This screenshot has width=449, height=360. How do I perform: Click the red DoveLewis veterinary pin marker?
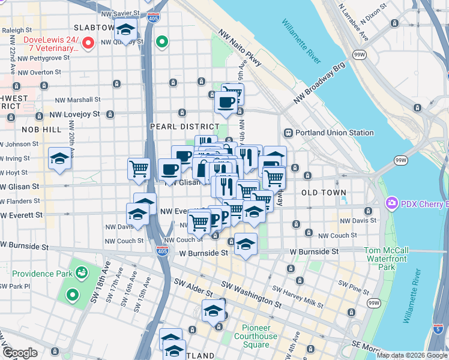(x=88, y=43)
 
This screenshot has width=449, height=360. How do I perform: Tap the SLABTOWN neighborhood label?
(x=93, y=28)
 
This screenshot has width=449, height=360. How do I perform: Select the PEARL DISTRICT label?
(x=184, y=127)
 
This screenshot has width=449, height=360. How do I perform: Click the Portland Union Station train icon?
(x=288, y=133)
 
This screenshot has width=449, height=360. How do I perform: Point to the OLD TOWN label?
(x=324, y=193)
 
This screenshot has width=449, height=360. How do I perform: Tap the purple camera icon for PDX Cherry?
(x=393, y=203)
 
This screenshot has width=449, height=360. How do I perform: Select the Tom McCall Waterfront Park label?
(x=388, y=258)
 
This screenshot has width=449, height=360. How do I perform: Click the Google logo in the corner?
(x=20, y=353)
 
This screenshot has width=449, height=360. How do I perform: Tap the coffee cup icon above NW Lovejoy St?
(x=226, y=102)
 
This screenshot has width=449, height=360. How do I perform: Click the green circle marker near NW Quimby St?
(x=161, y=42)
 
